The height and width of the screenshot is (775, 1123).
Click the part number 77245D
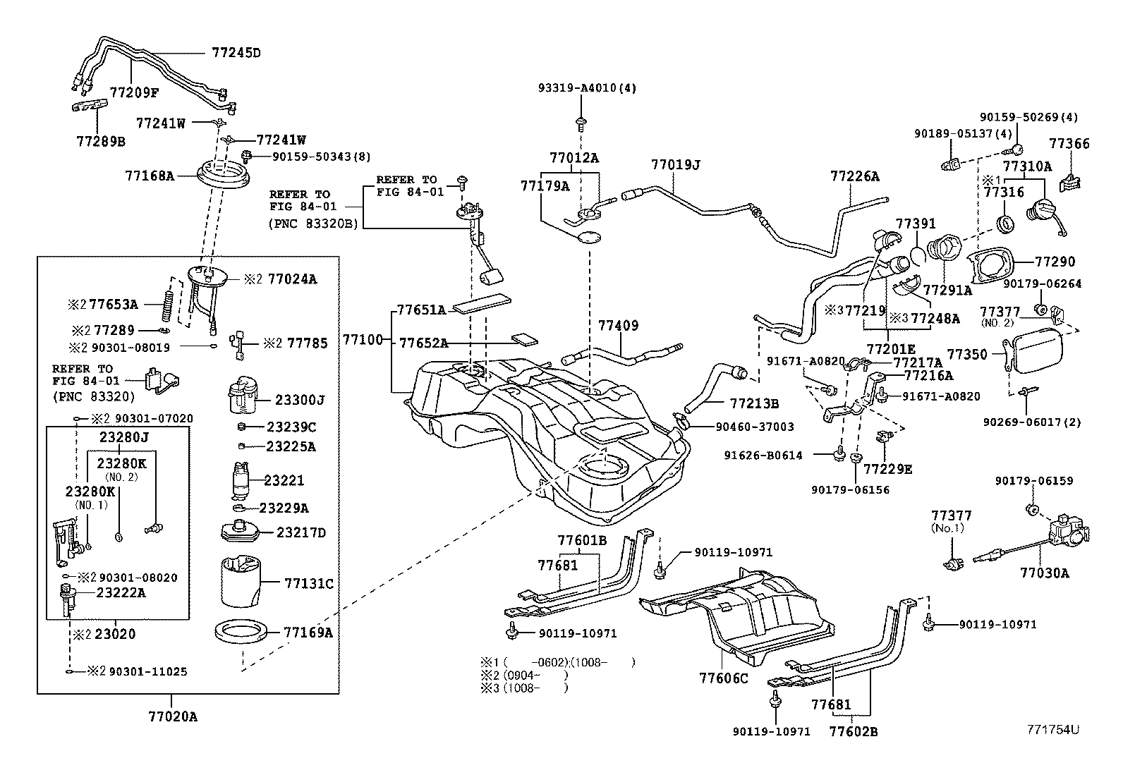[236, 53]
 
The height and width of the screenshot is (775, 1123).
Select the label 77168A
[150, 176]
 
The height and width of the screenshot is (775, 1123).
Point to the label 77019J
[675, 164]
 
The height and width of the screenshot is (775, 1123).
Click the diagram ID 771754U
[1052, 729]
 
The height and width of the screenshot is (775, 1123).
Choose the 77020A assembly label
[172, 716]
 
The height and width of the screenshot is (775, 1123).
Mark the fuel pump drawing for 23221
[241, 480]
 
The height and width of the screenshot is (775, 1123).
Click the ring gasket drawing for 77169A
[240, 631]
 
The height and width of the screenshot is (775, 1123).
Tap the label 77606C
[724, 678]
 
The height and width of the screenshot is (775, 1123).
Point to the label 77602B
[854, 732]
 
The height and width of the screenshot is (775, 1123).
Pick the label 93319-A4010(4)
[587, 88]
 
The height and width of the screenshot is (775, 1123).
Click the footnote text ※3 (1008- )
[524, 688]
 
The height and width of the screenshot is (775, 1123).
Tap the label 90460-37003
[755, 427]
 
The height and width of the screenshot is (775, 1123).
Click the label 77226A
[854, 176]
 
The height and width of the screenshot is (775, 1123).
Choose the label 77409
[618, 325]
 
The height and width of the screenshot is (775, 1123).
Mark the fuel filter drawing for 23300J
[243, 394]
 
